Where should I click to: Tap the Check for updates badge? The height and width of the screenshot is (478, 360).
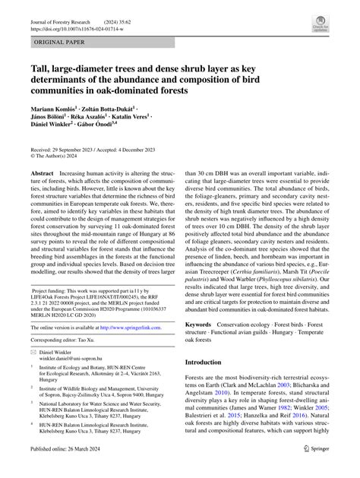[319, 27]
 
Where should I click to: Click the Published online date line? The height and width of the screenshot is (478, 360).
[67, 471]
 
